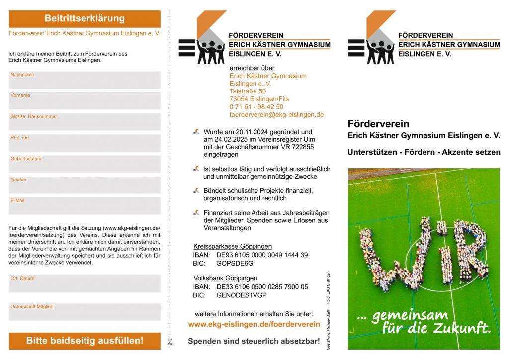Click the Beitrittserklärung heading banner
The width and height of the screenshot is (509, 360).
(x=85, y=19)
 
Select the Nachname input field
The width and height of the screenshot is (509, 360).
(x=85, y=80)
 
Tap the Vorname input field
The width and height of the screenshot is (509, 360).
(x=85, y=101)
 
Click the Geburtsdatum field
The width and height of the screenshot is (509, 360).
(x=85, y=164)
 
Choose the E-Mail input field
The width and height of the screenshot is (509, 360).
(x=85, y=206)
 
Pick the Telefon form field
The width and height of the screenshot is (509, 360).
(x=85, y=185)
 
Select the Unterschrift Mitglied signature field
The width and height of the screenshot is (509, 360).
(x=85, y=312)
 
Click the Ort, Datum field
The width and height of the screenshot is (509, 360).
(x=85, y=284)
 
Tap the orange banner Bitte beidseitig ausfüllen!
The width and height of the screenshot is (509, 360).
(x=85, y=341)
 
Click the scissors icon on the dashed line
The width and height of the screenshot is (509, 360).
(x=170, y=342)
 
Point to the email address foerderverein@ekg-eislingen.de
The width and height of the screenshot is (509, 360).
(x=276, y=114)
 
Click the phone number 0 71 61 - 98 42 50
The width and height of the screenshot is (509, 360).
(x=256, y=107)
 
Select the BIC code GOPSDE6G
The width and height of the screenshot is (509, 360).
(x=235, y=264)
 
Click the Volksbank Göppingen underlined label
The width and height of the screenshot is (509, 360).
(x=225, y=278)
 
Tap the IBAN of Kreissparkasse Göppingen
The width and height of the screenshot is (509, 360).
(x=262, y=255)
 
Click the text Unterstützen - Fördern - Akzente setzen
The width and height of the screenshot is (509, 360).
(x=424, y=152)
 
